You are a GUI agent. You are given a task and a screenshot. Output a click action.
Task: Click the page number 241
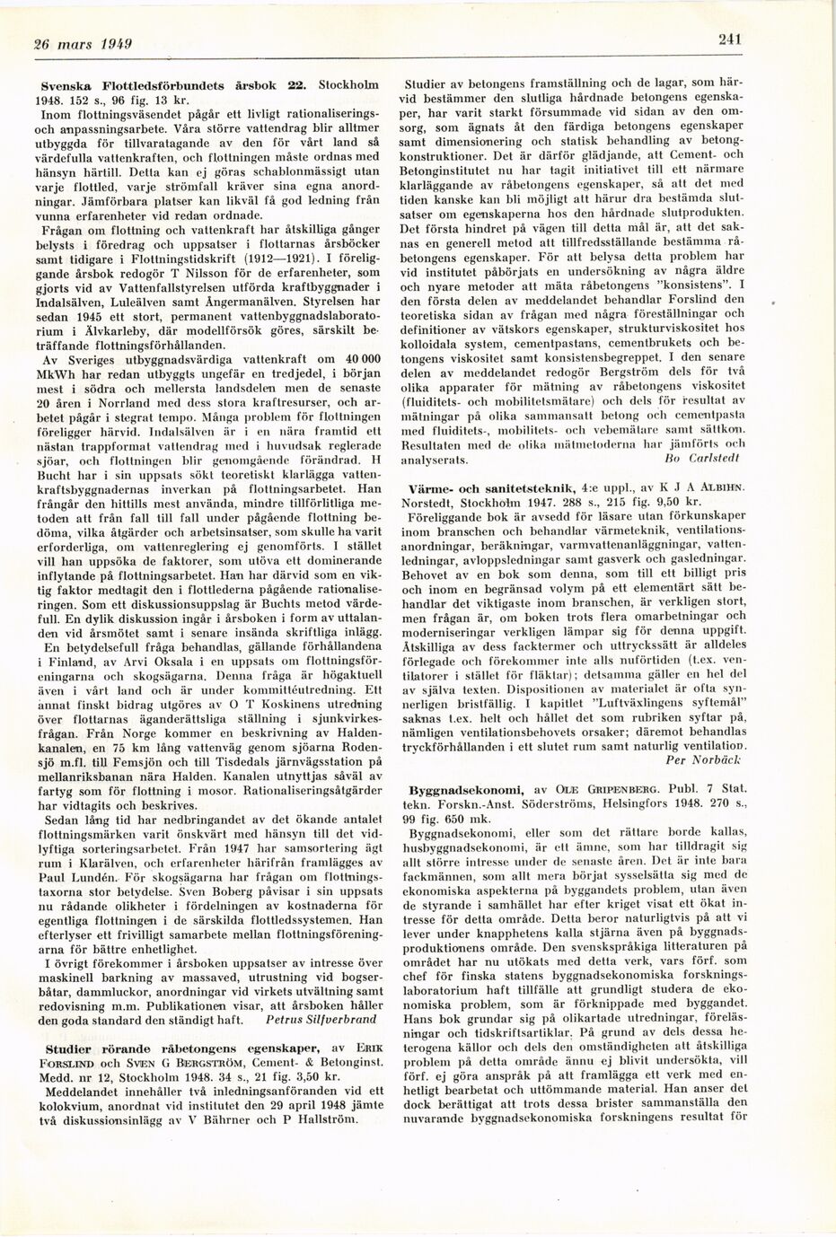click(x=728, y=38)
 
